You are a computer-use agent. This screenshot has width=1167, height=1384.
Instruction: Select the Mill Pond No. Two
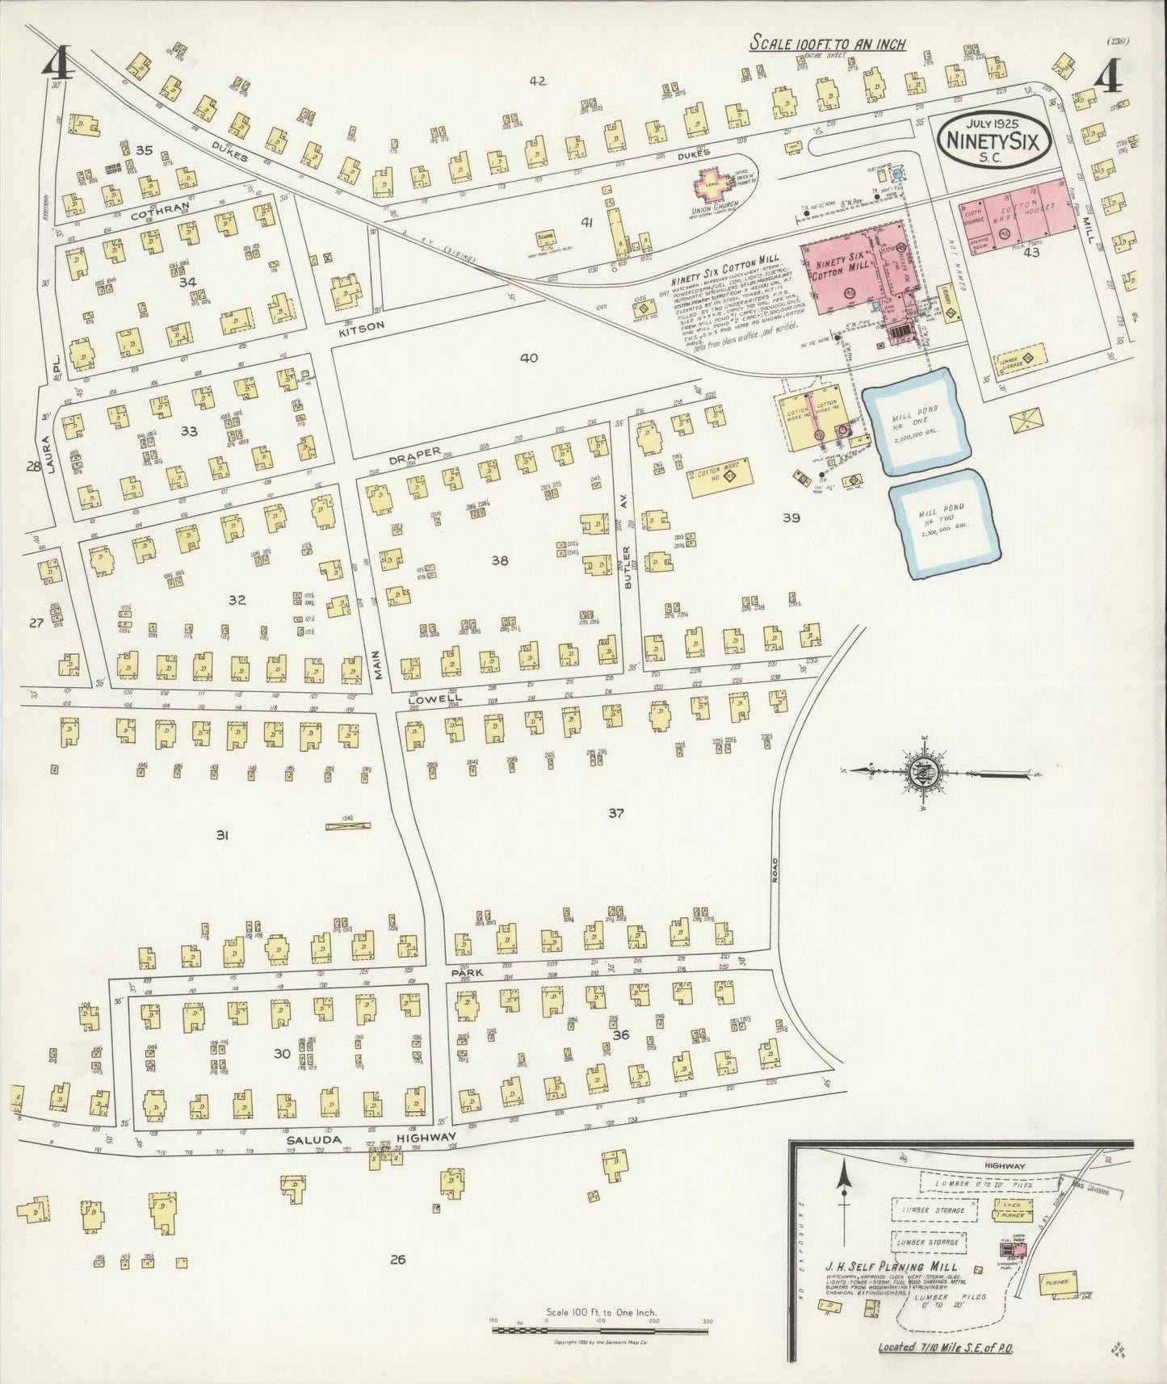pos(941,521)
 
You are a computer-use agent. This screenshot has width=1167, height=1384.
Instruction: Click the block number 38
pos(499,560)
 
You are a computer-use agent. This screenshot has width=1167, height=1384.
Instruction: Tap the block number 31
pos(221,836)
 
